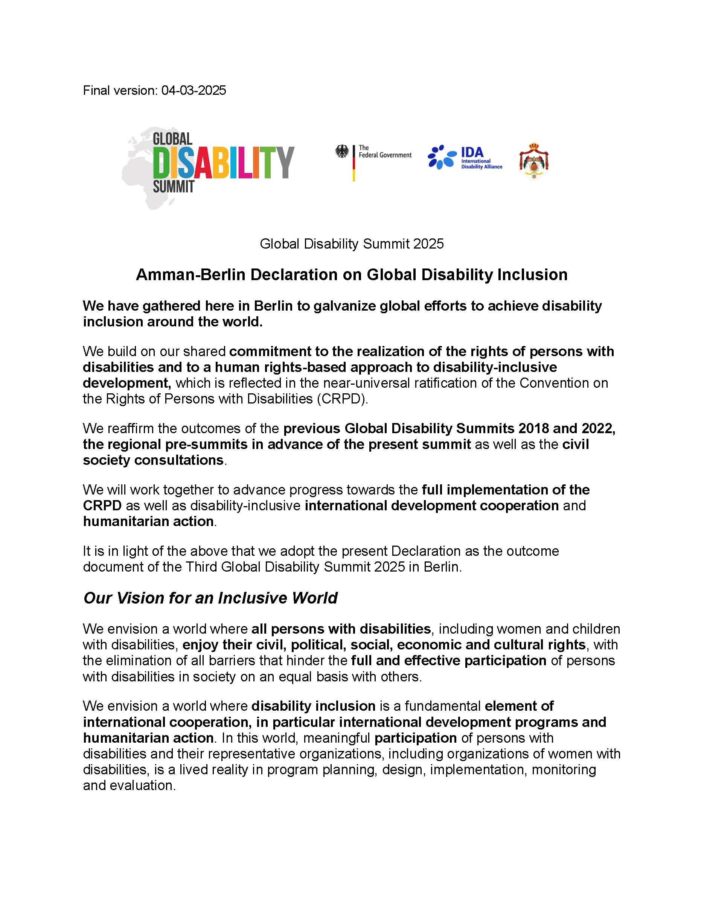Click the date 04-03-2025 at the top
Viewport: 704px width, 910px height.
click(194, 90)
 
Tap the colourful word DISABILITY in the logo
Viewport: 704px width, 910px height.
click(224, 162)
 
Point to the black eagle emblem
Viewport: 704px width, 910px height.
click(342, 151)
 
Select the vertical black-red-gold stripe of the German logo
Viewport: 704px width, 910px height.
click(354, 163)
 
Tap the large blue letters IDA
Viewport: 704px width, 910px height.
click(472, 153)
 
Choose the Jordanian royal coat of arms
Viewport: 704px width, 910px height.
click(533, 161)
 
